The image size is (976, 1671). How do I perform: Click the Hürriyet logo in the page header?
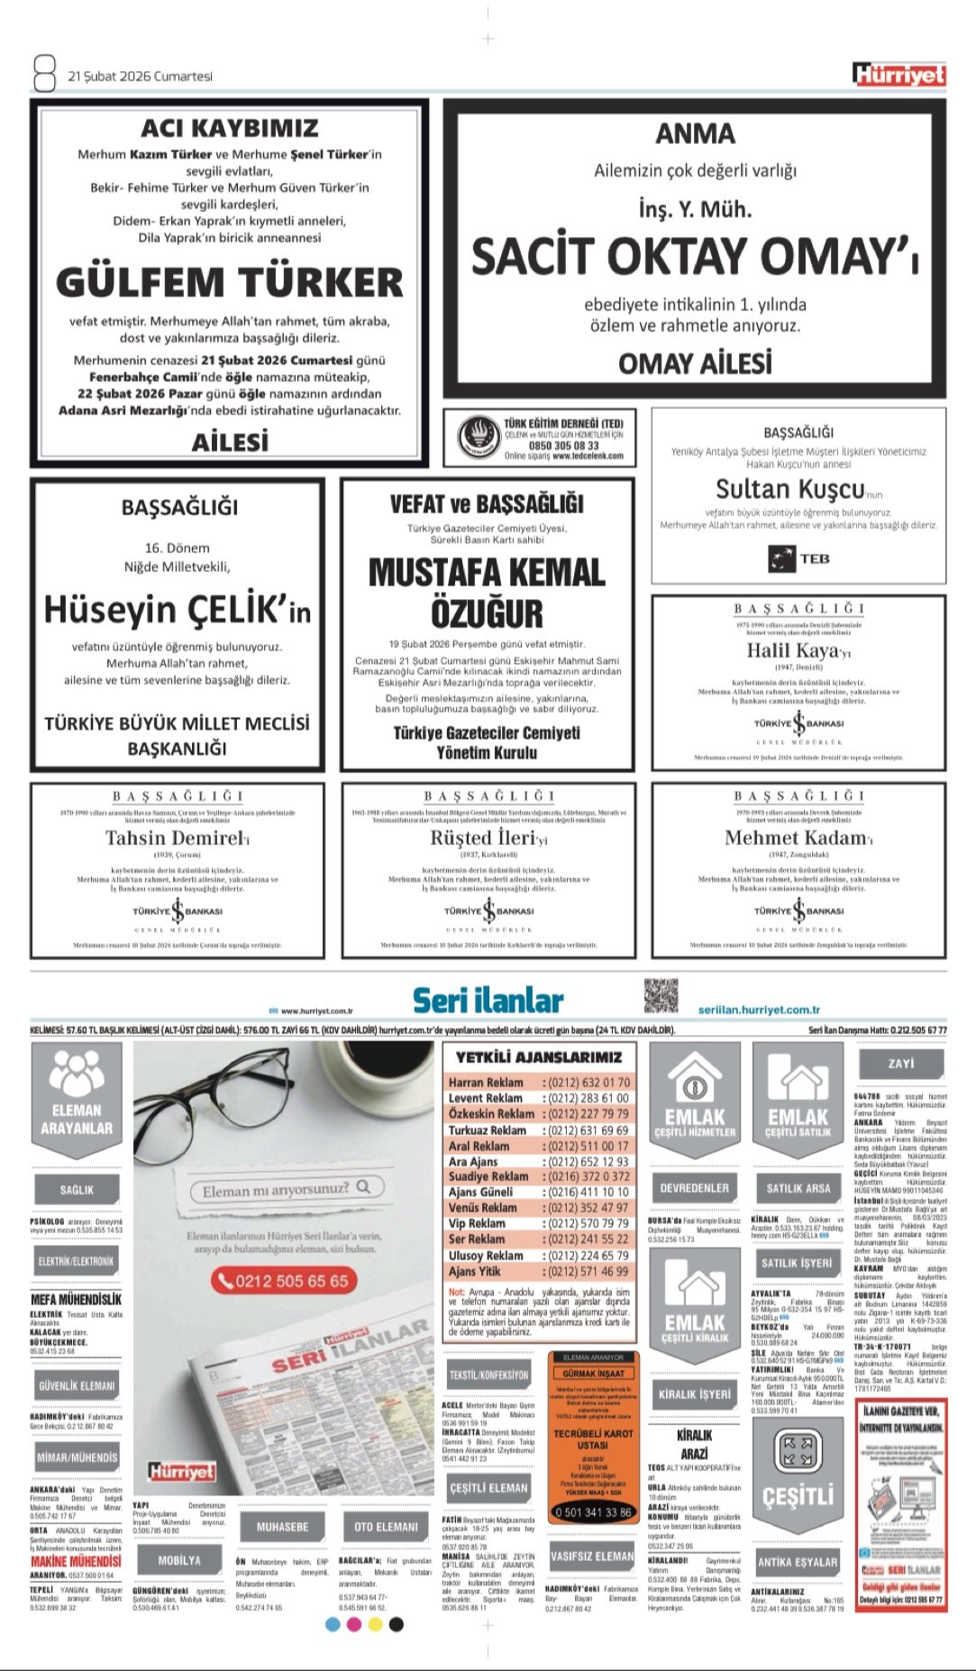(x=898, y=75)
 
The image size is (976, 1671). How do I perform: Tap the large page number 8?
(x=44, y=73)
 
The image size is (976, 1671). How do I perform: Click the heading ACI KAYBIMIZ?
(x=229, y=128)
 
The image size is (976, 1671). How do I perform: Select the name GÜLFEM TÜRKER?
(x=229, y=282)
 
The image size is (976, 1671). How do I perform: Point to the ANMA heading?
(x=695, y=134)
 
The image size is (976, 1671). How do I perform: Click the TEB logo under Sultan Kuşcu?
(x=798, y=559)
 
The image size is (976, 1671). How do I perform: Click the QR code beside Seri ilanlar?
(x=661, y=995)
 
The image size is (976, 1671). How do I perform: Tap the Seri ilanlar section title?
(x=488, y=1000)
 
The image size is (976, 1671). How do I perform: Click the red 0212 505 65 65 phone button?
(x=285, y=1281)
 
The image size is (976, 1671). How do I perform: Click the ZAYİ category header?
(x=900, y=1064)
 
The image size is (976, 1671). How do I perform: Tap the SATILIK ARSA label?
(x=798, y=1188)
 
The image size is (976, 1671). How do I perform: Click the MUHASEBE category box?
(x=282, y=1527)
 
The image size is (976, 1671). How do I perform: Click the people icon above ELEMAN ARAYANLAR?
(x=77, y=1074)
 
